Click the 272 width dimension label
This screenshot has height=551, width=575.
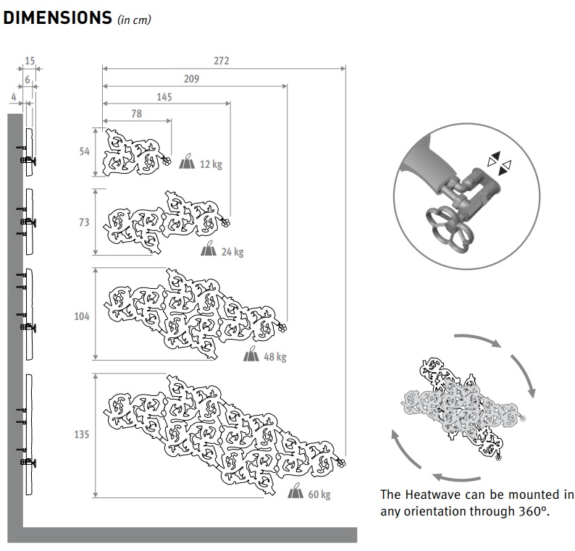coord(221,61)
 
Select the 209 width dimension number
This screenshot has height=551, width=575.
coord(191,79)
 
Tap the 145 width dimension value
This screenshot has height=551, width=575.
coord(164,97)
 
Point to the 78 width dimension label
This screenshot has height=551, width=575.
coord(136,114)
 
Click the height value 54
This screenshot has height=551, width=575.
coord(84,151)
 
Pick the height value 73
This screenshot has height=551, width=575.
coord(84,222)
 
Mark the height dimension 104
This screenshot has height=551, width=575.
coord(82,316)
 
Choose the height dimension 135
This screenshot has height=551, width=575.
coord(82,434)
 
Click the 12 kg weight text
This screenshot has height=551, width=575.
coord(211,164)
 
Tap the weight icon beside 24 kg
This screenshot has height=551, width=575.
coord(209,248)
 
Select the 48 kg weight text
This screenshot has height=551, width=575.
coord(275,357)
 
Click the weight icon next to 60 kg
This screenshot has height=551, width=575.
coord(295,490)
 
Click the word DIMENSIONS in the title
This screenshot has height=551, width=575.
coord(58,17)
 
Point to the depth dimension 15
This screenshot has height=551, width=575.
coord(30,61)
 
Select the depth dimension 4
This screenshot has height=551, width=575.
coord(14,97)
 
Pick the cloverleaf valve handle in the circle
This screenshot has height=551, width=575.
coord(449,227)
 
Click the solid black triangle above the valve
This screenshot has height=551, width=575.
coord(495,155)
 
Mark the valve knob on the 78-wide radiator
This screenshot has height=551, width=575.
coord(166,161)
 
